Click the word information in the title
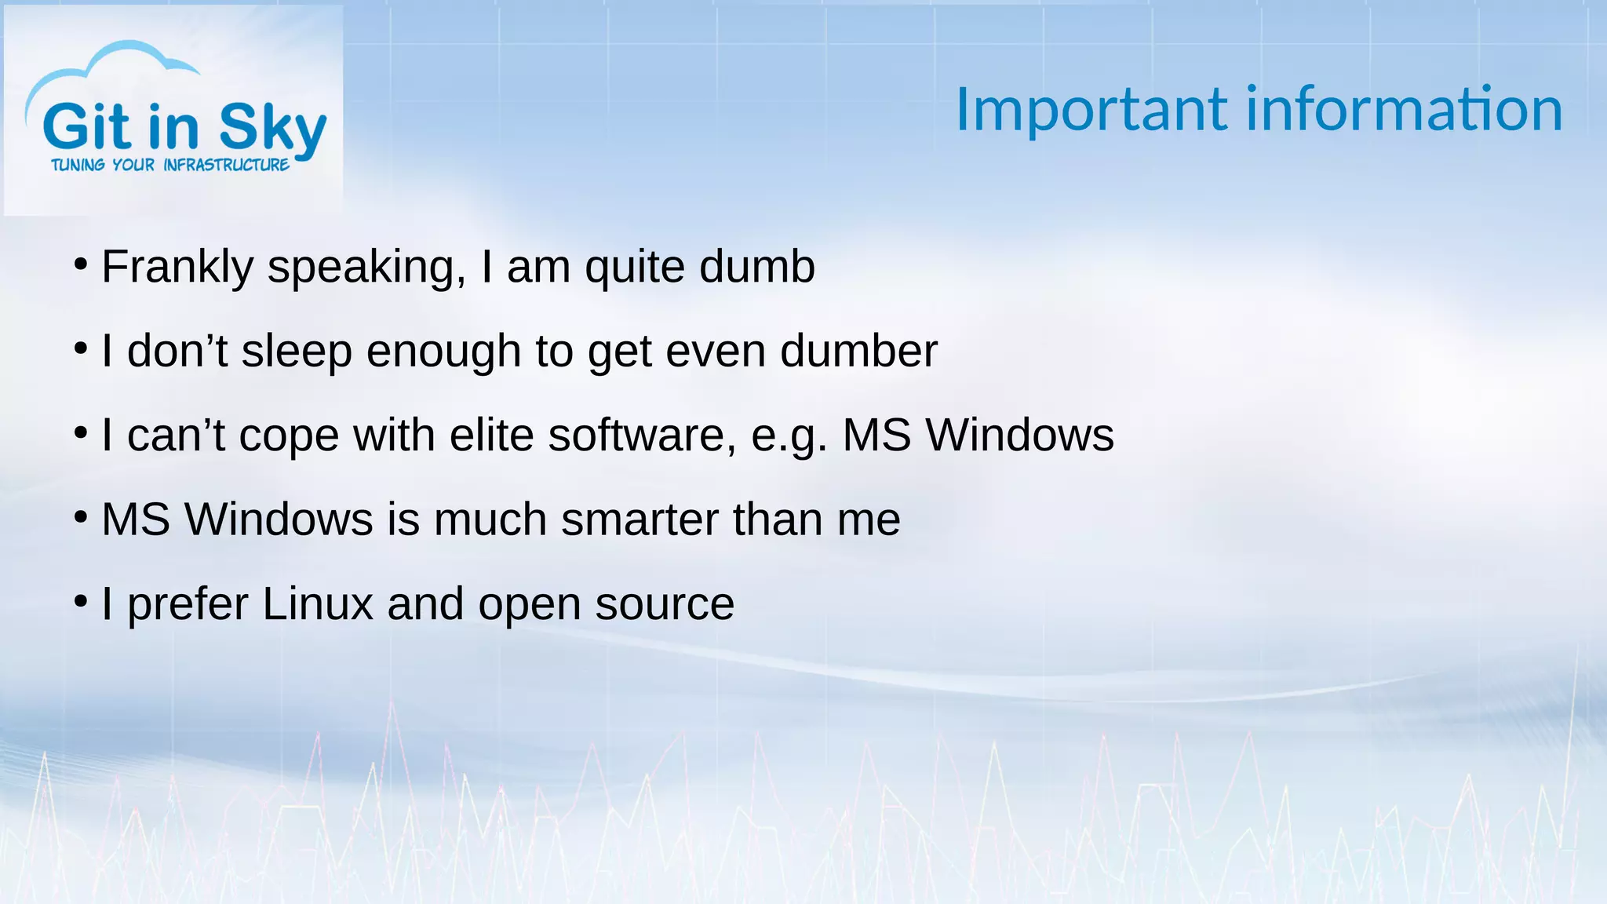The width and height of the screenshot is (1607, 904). (1405, 110)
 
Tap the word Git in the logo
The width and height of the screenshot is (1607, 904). (86, 127)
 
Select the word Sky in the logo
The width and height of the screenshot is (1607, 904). (272, 129)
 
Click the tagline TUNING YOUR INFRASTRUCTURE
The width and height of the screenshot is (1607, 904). (170, 166)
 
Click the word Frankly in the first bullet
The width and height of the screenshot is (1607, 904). (177, 267)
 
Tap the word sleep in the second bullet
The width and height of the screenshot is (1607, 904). (297, 351)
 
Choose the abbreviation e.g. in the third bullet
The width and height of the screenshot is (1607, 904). (789, 436)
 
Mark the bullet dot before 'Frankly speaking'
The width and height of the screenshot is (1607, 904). (80, 264)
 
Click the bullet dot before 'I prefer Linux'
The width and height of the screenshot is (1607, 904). (80, 602)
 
